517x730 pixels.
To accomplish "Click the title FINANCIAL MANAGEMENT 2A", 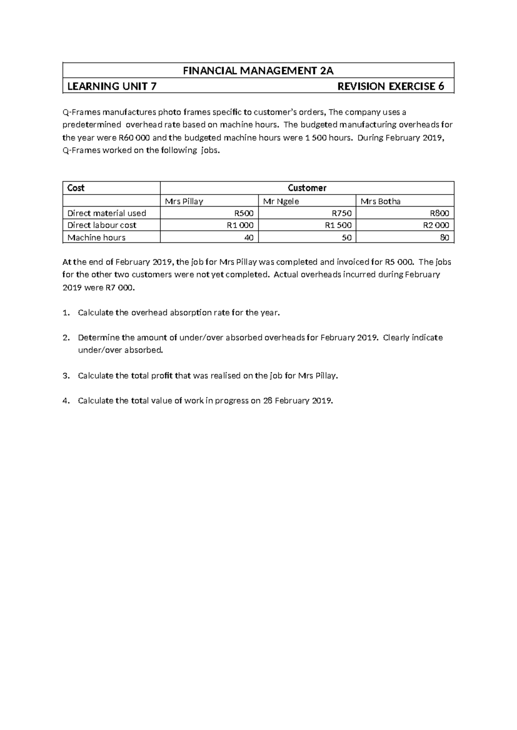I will (x=258, y=71).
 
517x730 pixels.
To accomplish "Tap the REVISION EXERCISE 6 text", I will (x=390, y=87).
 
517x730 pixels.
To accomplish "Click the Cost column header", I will (x=76, y=188).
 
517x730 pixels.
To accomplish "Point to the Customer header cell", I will (x=307, y=188).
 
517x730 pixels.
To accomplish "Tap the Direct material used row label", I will (x=107, y=213).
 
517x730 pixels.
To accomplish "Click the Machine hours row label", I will (x=97, y=238).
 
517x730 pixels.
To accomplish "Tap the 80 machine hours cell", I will (x=444, y=238).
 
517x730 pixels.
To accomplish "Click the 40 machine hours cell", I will (x=249, y=238).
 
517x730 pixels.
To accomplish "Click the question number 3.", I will (x=65, y=376).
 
